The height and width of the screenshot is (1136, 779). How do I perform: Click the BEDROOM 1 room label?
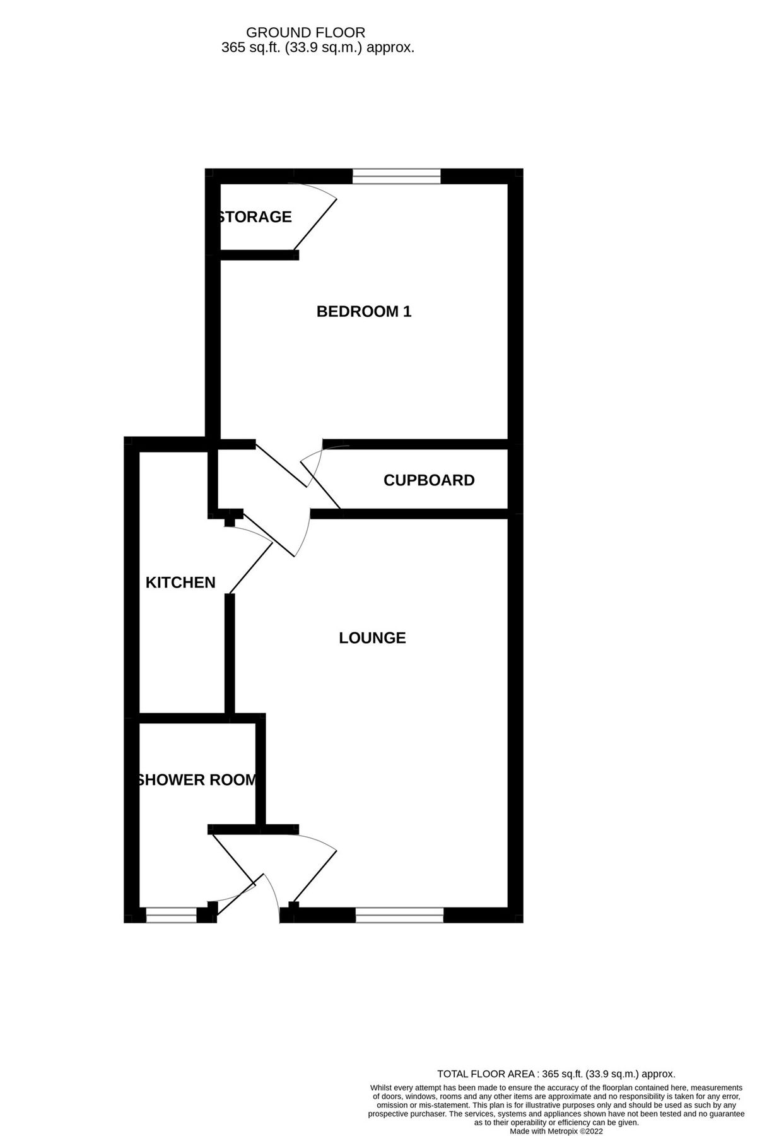pyautogui.click(x=363, y=311)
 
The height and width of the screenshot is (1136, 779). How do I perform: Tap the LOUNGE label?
pyautogui.click(x=372, y=638)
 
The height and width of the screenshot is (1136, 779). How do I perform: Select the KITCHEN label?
pyautogui.click(x=180, y=583)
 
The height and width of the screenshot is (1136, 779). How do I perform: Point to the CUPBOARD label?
pyautogui.click(x=429, y=480)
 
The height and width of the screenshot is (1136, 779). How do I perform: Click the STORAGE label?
pyautogui.click(x=255, y=217)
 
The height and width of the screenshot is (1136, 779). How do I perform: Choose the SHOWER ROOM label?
pyautogui.click(x=197, y=780)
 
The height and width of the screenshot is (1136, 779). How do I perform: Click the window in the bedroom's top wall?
pyautogui.click(x=396, y=176)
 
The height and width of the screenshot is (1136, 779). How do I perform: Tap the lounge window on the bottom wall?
pyautogui.click(x=399, y=914)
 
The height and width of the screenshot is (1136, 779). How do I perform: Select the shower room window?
pyautogui.click(x=172, y=914)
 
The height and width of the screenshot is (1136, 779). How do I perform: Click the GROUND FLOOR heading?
pyautogui.click(x=305, y=32)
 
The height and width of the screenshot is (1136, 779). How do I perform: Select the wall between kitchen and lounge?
pyautogui.click(x=230, y=653)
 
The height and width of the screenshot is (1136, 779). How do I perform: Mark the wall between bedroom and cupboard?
pyautogui.click(x=416, y=444)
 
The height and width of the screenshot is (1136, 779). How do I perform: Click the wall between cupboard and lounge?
pyautogui.click(x=410, y=514)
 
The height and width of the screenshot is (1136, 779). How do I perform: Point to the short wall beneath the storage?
pyautogui.click(x=259, y=255)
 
